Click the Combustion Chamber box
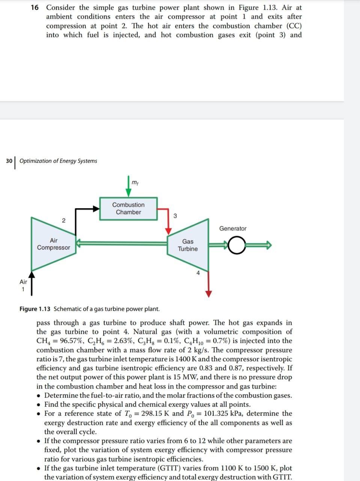point(128,208)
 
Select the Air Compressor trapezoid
point(53,244)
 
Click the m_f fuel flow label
point(134,182)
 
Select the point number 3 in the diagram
point(175,216)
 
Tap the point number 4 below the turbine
point(198,273)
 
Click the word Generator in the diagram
point(233,228)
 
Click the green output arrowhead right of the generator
point(267,245)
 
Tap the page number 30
point(9,161)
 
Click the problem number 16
point(35,8)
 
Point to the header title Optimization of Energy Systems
point(58,161)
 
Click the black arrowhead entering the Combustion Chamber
point(95,208)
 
